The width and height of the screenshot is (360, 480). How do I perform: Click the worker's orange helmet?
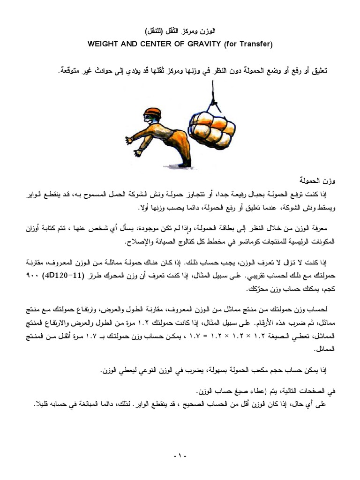[x=153, y=113]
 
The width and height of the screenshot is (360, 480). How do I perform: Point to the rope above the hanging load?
[x=215, y=94]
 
